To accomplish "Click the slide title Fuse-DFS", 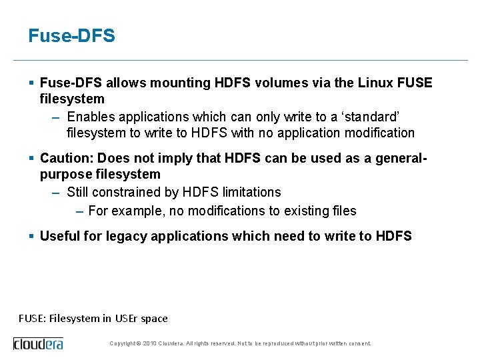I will coord(71,36).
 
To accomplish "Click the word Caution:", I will coord(65,158).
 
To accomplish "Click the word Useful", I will coord(59,236).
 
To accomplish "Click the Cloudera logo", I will coord(38,343).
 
